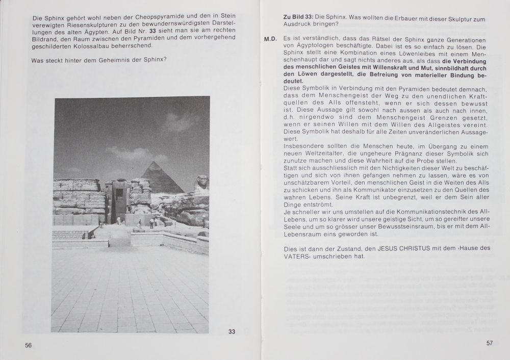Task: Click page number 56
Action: click(x=29, y=345)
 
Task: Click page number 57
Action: click(x=489, y=343)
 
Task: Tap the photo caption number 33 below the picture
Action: click(x=232, y=331)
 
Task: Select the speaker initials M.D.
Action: click(x=270, y=40)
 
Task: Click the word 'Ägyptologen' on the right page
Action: click(x=312, y=46)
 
